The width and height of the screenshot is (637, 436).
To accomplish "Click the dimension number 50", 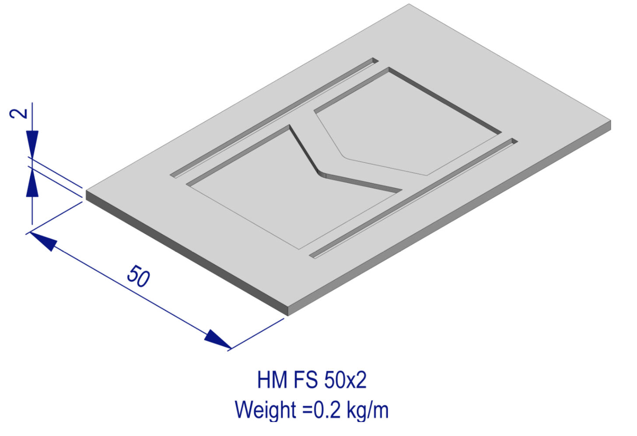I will (x=138, y=276).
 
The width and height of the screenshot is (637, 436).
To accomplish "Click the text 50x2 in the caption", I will (x=345, y=380).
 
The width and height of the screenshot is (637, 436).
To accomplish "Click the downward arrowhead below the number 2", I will (x=32, y=142).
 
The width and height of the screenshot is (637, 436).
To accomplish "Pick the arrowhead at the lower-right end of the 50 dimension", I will (x=217, y=340).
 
